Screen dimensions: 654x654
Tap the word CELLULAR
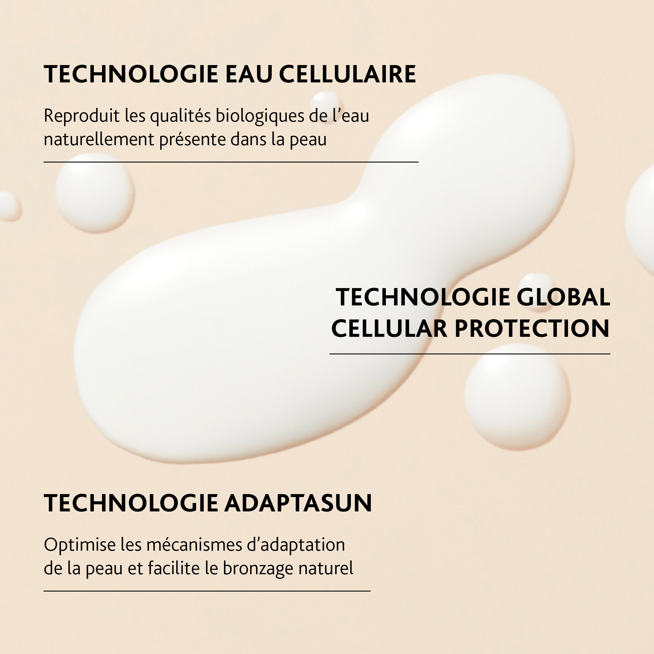(x=389, y=328)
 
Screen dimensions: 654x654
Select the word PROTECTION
(x=532, y=328)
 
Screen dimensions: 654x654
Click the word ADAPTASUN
(x=298, y=503)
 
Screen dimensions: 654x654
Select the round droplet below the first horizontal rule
(x=95, y=193)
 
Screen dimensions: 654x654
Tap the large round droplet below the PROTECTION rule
(x=517, y=397)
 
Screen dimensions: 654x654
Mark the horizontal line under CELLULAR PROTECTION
(x=470, y=354)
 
